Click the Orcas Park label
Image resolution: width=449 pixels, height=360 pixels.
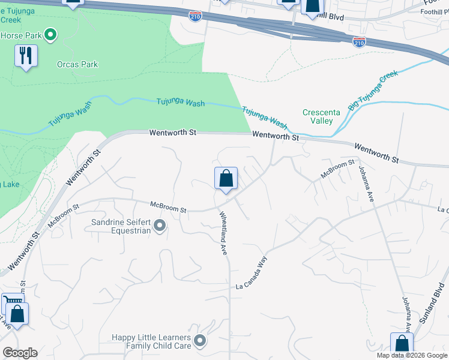[77, 64]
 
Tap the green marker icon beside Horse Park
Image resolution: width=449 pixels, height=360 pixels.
[50, 35]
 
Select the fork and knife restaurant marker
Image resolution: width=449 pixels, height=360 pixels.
[26, 56]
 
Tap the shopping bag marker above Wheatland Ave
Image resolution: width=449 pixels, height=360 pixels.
[226, 179]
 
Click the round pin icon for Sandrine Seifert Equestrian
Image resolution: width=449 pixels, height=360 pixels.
[160, 226]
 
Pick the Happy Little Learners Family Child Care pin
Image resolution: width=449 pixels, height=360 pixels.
[200, 341]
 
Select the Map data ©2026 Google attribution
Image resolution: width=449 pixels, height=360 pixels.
[412, 355]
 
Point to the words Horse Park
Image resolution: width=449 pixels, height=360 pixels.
[20, 35]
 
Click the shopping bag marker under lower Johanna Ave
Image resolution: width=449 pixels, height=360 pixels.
[401, 344]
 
